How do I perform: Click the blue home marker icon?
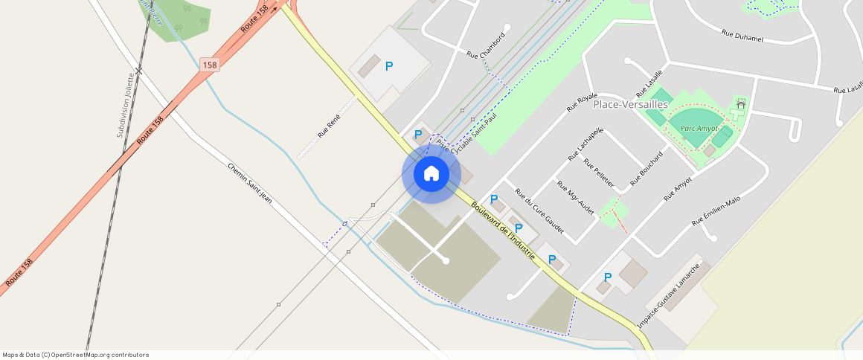431,174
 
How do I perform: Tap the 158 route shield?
210,65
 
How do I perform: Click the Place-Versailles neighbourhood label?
629,104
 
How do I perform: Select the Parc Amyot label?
699,129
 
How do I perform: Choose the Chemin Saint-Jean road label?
249,181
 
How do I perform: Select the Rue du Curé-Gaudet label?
539,210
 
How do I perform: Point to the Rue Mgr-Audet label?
576,199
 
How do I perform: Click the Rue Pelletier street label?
599,173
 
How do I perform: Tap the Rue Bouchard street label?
647,169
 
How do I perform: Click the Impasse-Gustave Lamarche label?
669,296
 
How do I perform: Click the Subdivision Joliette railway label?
126,105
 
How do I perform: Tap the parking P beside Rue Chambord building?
389,66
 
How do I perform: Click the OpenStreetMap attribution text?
76,355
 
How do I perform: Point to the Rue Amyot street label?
678,188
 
